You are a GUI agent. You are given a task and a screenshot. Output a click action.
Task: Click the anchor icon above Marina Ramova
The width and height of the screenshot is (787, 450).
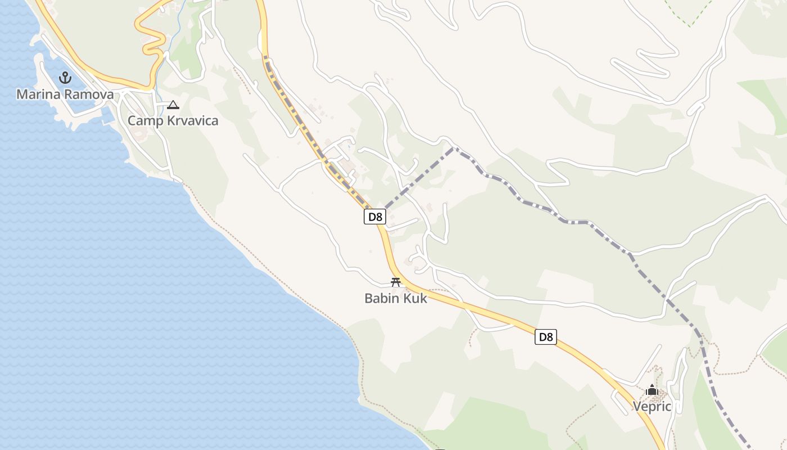(x=66, y=78)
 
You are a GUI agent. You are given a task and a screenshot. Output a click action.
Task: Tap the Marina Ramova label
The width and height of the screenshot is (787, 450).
(x=65, y=94)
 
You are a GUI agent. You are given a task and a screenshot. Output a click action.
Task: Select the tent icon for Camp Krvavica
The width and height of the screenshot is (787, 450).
(x=173, y=105)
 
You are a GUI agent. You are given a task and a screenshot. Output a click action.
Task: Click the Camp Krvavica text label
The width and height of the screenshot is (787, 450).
(x=173, y=120)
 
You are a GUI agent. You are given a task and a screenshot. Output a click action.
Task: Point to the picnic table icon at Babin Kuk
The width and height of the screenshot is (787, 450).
(x=396, y=282)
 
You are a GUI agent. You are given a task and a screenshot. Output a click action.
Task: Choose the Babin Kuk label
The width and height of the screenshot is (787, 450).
(x=396, y=298)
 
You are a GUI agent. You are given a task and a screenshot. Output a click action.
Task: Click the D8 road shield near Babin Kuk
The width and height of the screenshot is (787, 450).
(x=375, y=217)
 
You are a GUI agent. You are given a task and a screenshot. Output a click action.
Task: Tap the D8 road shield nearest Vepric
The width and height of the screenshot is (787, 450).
(x=546, y=337)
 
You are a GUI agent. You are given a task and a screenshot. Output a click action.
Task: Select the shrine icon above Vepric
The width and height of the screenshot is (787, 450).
(x=652, y=390)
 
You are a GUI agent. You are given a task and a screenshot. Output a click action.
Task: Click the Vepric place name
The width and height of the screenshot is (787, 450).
(x=652, y=406)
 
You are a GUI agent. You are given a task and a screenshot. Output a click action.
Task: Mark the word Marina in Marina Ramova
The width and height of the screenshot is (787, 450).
(x=38, y=94)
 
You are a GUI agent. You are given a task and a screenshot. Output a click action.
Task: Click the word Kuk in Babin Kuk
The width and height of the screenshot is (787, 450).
(x=417, y=298)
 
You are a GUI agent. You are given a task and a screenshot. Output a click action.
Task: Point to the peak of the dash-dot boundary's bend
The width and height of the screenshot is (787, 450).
(x=453, y=148)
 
